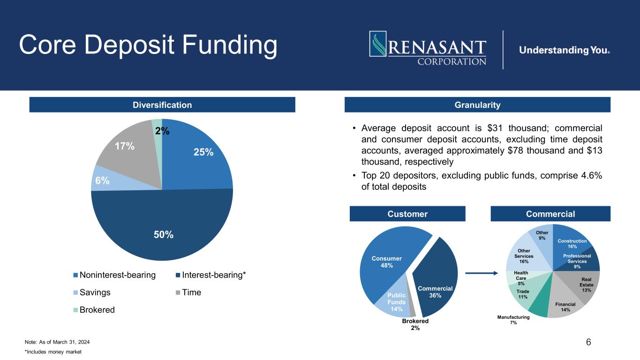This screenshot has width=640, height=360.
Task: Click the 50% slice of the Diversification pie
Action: point(162,226)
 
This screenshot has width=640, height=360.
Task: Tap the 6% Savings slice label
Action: point(102,180)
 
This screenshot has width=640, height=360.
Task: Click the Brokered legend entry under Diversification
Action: point(94,310)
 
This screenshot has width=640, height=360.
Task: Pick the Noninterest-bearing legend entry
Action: point(114,275)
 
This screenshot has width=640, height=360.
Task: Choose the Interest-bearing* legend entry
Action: point(211,275)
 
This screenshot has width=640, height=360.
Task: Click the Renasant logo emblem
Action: point(378,44)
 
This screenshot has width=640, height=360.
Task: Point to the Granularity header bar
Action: point(477,105)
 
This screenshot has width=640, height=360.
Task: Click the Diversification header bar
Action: point(162,105)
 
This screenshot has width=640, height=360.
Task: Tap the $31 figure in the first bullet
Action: point(495,128)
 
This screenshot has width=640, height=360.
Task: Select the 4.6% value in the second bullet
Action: point(591,175)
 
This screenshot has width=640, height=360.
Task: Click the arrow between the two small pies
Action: point(482,273)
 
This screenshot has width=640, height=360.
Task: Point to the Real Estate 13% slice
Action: point(583,286)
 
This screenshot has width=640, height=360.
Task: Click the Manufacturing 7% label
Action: point(513,320)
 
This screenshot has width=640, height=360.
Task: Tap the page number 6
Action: point(588,342)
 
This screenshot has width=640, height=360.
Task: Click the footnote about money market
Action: point(53,352)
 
